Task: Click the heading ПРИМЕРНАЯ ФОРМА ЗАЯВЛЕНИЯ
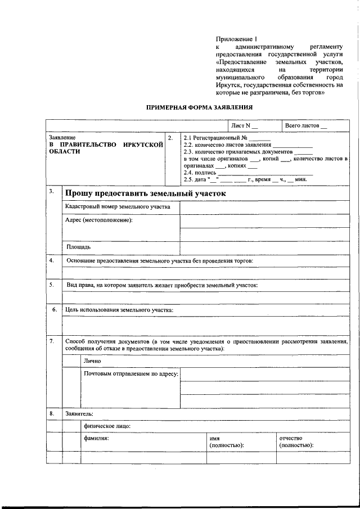pos(200,107)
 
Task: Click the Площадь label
pos(79,246)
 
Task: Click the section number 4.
pos(51,260)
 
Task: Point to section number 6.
pos(54,310)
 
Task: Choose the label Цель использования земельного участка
pos(119,310)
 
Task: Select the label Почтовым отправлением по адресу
pos(130,373)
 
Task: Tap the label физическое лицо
pos(107,426)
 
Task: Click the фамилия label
pos(96,438)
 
